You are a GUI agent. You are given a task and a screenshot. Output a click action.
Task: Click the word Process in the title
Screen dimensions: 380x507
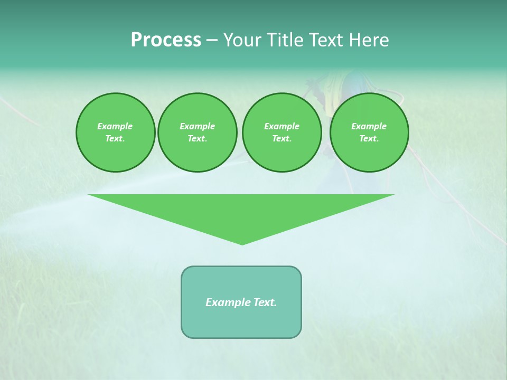(166, 40)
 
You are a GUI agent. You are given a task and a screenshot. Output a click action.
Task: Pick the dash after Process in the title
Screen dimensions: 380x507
(212, 41)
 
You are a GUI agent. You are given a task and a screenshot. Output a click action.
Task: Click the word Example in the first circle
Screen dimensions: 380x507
(115, 126)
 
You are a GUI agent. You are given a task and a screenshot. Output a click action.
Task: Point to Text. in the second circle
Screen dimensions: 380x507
(197, 139)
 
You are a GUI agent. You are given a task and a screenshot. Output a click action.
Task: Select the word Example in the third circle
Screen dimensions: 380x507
(281, 126)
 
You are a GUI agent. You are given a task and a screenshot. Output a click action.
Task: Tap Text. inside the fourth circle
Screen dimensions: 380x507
(369, 139)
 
